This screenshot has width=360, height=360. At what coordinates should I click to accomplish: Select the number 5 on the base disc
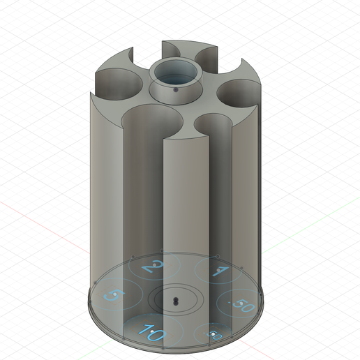click(110, 296)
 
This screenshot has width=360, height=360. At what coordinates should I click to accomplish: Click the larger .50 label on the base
click(242, 305)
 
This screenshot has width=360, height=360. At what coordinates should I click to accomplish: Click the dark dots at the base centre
click(175, 301)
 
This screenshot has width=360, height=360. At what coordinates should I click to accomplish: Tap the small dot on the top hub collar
click(175, 90)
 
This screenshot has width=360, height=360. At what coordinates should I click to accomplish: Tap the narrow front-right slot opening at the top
click(213, 123)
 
